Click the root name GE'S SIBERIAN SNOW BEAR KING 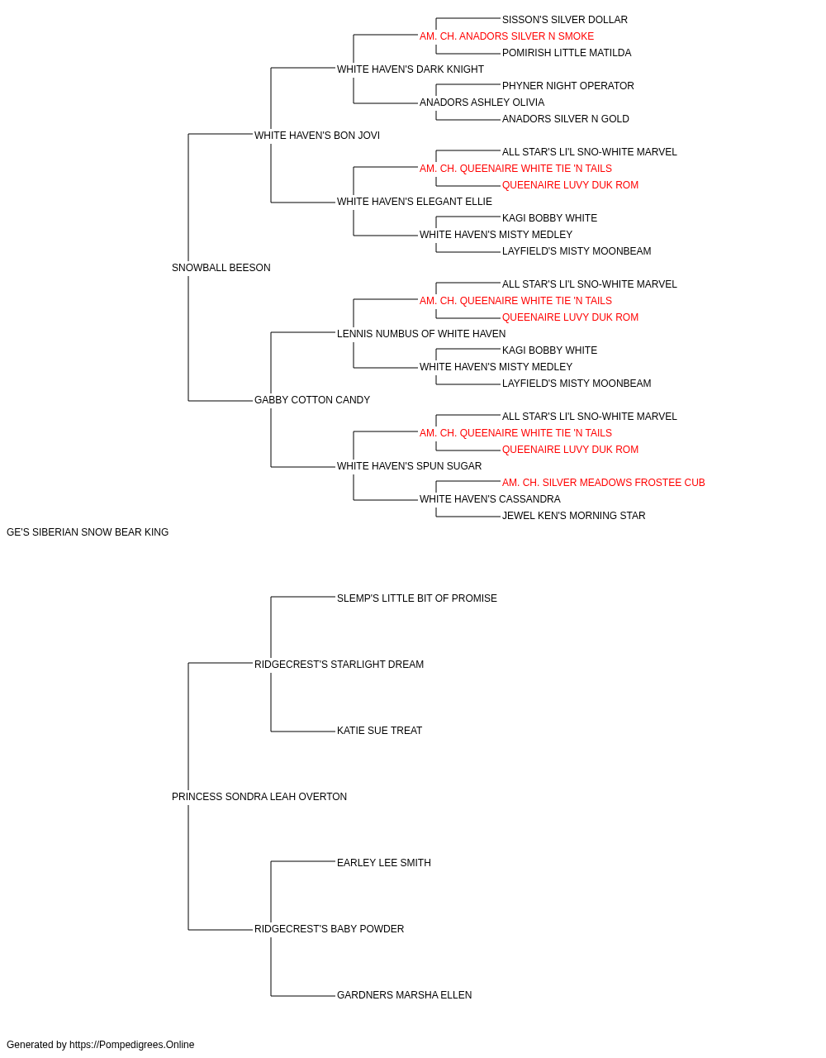[x=88, y=532]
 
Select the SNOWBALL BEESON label [x=221, y=268]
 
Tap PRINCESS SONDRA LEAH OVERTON [x=259, y=797]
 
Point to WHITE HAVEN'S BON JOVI [x=316, y=136]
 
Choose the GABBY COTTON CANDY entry [x=312, y=400]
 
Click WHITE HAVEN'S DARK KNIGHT [x=410, y=69]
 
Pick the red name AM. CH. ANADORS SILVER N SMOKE [x=506, y=36]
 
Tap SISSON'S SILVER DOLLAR [x=565, y=20]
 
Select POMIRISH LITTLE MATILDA [x=567, y=53]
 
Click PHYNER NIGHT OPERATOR [x=568, y=86]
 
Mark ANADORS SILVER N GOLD [x=566, y=119]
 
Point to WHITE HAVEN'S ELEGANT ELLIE [x=415, y=202]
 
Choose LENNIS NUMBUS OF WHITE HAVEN [x=421, y=333]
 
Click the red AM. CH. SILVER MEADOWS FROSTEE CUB [x=603, y=483]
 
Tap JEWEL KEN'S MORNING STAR [x=573, y=516]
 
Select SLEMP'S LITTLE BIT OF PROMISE [x=417, y=598]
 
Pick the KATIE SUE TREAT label [x=379, y=731]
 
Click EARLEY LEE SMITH [x=384, y=863]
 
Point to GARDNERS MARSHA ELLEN [x=404, y=994]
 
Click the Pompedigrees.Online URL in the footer [x=132, y=1045]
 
